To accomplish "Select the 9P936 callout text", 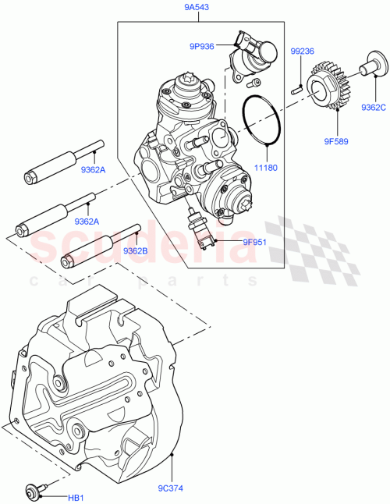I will tap(202, 46).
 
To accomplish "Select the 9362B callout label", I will tap(135, 251).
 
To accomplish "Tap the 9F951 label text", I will tap(232, 241).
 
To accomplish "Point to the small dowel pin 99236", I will tap(296, 89).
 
